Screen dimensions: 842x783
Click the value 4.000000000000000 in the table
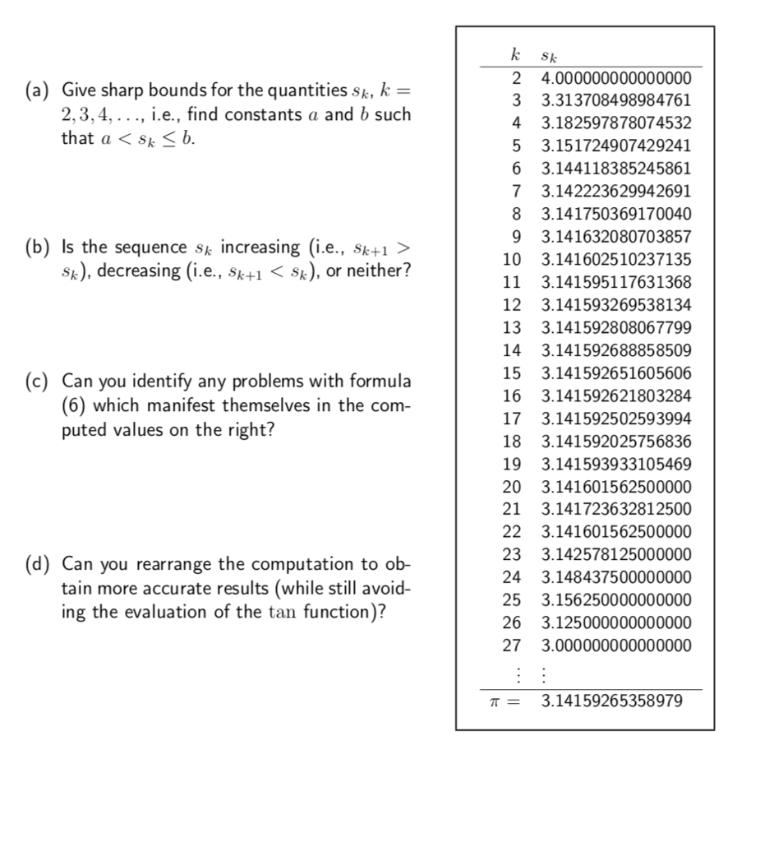pos(616,79)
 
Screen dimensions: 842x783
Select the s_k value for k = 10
pos(616,260)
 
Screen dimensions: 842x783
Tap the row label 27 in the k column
pos(511,645)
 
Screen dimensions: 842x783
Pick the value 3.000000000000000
pos(616,645)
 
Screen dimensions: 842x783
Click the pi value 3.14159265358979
pos(611,702)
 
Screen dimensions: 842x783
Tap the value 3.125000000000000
pos(616,622)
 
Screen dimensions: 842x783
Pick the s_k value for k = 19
pos(616,464)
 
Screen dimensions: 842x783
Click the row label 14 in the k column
pos(511,350)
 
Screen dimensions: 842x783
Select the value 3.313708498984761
pos(616,101)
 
